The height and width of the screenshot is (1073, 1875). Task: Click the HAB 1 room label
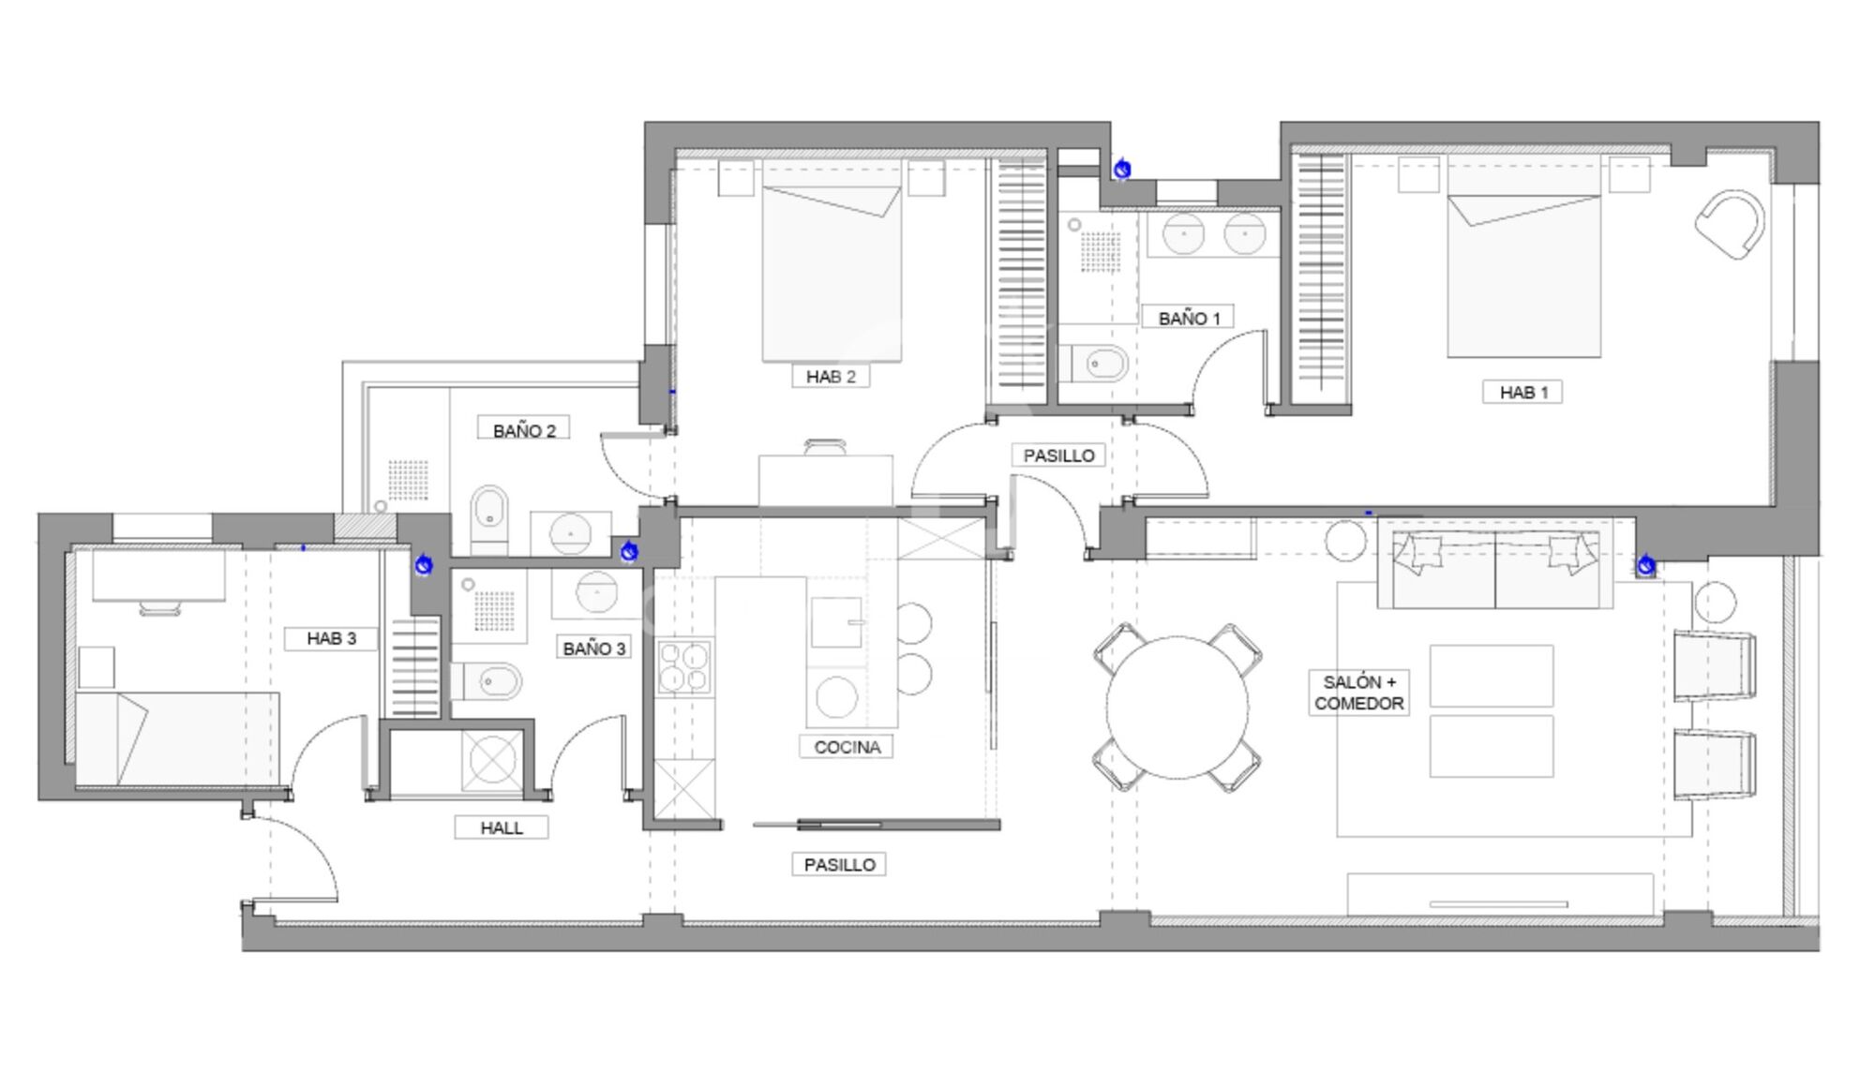click(1523, 392)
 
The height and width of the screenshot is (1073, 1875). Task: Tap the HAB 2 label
click(831, 377)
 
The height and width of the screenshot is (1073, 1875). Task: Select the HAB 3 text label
click(331, 638)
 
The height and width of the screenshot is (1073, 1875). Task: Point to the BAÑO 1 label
click(1189, 319)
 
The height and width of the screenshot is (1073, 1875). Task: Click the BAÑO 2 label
click(524, 430)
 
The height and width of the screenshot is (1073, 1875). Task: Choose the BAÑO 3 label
click(593, 648)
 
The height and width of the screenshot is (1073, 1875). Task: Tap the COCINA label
click(847, 747)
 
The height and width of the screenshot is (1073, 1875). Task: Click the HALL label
click(502, 827)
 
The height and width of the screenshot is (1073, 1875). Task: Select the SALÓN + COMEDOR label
click(1358, 693)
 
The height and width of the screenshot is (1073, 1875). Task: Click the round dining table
click(1177, 708)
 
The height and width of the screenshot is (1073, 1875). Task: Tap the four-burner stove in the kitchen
click(683, 666)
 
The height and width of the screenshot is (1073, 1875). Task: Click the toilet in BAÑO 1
click(1095, 364)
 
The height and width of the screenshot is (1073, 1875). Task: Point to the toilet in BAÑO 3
click(487, 681)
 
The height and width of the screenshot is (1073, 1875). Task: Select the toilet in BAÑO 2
click(488, 518)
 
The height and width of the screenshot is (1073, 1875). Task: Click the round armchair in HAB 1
click(1731, 224)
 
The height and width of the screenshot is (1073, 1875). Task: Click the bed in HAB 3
click(177, 738)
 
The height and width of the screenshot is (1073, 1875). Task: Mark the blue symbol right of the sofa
click(1646, 565)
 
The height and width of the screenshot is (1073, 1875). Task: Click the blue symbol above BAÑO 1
click(1122, 169)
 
